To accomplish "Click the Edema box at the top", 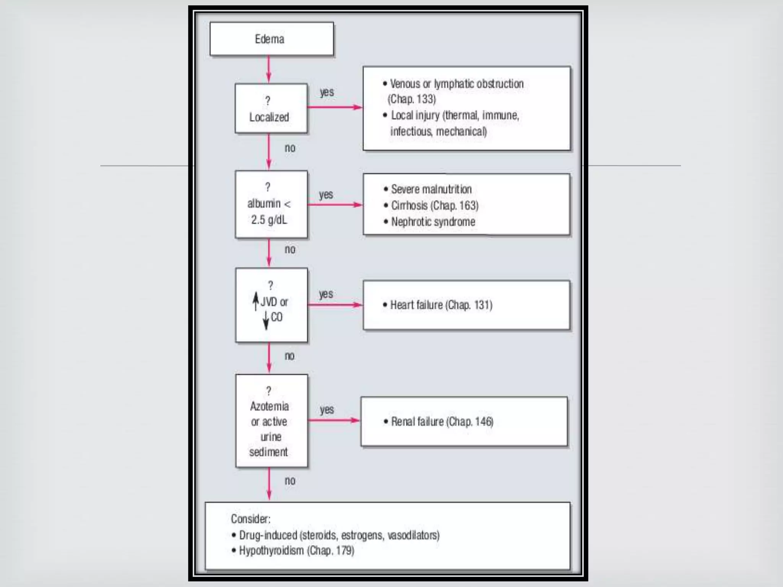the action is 271,39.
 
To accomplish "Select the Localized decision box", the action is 271,108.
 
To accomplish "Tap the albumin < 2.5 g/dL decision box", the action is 271,204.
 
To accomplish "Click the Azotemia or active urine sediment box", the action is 271,421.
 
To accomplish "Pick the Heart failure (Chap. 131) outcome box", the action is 466,305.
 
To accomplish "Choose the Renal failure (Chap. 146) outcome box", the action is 464,421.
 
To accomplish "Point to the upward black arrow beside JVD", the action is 256,301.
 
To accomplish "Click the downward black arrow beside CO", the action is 266,320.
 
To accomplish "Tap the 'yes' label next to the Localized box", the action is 327,92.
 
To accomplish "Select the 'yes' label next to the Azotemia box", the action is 327,410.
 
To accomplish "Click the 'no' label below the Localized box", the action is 290,148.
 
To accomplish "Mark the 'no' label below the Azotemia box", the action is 290,480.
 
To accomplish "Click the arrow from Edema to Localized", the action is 269,70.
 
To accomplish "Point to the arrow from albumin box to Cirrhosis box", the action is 335,205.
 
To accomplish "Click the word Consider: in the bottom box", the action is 250,519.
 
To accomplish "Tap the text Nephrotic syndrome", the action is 433,222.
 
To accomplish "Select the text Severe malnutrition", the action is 431,189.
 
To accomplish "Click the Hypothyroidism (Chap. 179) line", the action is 296,551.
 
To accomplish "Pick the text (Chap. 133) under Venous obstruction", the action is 412,99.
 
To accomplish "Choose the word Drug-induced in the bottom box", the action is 268,535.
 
